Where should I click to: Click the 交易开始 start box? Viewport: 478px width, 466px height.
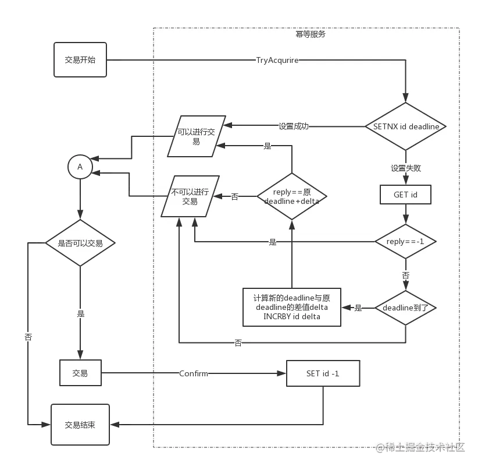click(x=80, y=60)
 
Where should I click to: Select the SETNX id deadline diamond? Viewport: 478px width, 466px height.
click(x=406, y=126)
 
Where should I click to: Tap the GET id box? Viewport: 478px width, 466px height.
click(x=405, y=195)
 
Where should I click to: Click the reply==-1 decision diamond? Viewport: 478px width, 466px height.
click(x=405, y=242)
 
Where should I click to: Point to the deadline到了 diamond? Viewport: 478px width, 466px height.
click(x=405, y=308)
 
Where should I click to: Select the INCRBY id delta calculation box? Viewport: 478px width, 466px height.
click(x=291, y=307)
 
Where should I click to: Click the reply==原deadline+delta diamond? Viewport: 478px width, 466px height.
click(x=291, y=196)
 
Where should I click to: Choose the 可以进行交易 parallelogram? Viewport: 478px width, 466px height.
click(x=197, y=136)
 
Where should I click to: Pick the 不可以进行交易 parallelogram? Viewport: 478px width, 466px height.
click(x=190, y=196)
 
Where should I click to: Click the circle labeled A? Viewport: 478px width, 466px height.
click(x=80, y=167)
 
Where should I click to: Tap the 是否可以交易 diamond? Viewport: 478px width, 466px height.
click(x=80, y=243)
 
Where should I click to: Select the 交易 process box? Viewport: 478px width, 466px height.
click(x=80, y=373)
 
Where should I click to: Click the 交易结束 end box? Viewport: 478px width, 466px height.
click(x=80, y=425)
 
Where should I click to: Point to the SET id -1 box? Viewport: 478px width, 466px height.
click(x=323, y=373)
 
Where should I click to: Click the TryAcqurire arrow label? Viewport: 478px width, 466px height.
click(x=277, y=60)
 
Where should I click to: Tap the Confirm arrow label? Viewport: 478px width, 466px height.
click(x=193, y=373)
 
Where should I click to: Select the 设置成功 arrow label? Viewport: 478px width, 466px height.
click(x=294, y=126)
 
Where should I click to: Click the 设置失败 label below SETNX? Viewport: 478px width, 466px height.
click(x=405, y=168)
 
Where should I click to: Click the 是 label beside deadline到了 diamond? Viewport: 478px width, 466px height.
click(x=358, y=308)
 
